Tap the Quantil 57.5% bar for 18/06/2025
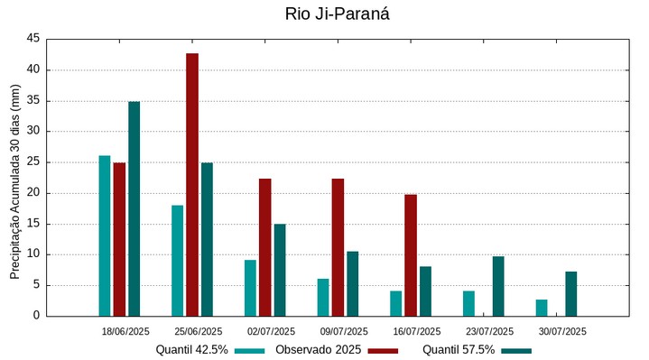[134, 208]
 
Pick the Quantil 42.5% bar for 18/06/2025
[105, 235]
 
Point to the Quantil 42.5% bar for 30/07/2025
[542, 308]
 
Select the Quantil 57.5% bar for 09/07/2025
[353, 283]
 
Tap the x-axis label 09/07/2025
[344, 331]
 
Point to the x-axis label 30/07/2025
[562, 331]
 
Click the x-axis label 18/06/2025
[125, 331]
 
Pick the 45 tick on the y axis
[33, 39]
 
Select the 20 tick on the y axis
[33, 193]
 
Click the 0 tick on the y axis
[37, 316]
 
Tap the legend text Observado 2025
[319, 350]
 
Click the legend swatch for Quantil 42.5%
[250, 350]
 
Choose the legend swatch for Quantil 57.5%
[516, 350]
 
